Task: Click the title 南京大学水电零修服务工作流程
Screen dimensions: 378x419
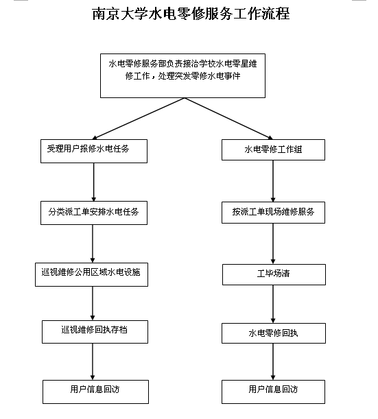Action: (191, 14)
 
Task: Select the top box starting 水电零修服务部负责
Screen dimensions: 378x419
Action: (183, 75)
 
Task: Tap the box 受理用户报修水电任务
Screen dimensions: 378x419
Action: (94, 151)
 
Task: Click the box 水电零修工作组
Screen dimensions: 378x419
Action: (273, 149)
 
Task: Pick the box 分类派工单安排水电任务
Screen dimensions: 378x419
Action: (94, 213)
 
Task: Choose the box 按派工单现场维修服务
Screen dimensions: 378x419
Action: (273, 213)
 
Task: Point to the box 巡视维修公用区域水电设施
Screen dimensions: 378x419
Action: (91, 274)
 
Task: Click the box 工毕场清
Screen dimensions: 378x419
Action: (274, 274)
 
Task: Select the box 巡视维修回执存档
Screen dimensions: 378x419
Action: (95, 332)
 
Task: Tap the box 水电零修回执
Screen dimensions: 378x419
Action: (274, 333)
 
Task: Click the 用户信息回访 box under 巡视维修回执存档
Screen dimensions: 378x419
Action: (95, 392)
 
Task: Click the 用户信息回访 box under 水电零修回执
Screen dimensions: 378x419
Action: (273, 392)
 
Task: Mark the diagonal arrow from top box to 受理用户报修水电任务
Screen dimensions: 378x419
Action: (138, 119)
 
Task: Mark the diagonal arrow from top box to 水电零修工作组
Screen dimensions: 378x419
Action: (228, 119)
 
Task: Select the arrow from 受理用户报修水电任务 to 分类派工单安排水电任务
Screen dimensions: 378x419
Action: (94, 182)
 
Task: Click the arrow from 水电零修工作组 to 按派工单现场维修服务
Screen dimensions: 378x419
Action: (273, 181)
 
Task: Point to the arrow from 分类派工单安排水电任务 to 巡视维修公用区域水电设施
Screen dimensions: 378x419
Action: (93, 243)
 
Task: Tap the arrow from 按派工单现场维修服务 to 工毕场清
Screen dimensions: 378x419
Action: (273, 243)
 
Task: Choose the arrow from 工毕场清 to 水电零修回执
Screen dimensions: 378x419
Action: (273, 304)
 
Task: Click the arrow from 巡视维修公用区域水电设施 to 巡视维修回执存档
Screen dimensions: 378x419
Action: (93, 304)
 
